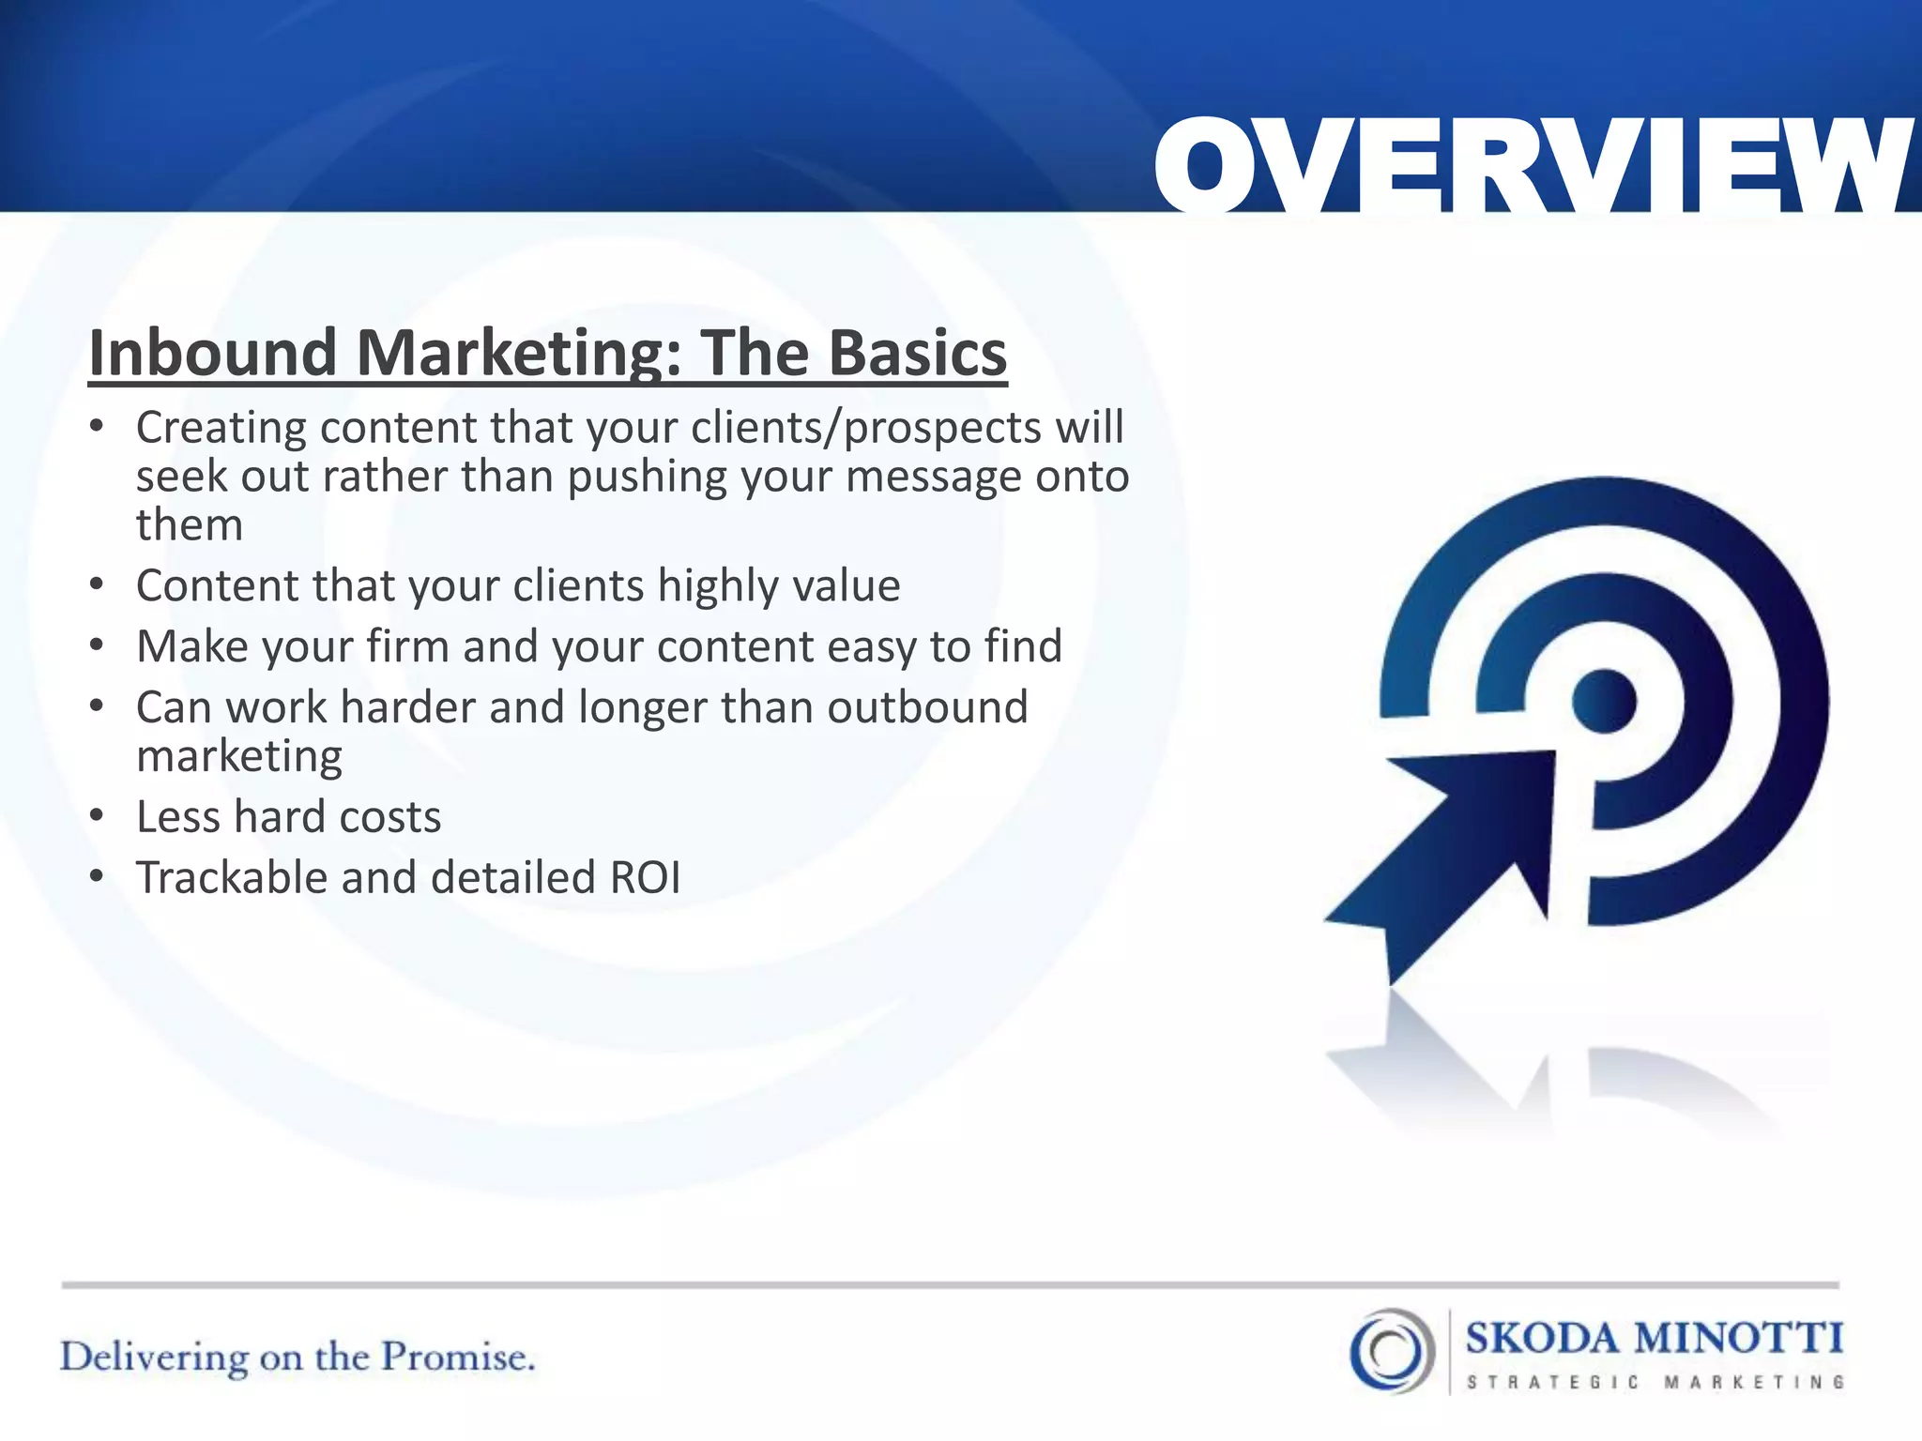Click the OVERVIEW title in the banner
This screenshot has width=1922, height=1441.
[1534, 167]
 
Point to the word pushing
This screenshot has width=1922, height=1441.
[646, 477]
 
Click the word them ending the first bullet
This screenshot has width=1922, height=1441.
[190, 524]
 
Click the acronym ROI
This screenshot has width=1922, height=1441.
[645, 878]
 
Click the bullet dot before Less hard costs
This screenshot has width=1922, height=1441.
[97, 816]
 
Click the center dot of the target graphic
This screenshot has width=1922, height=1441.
[1604, 701]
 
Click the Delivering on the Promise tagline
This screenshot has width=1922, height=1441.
[297, 1358]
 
